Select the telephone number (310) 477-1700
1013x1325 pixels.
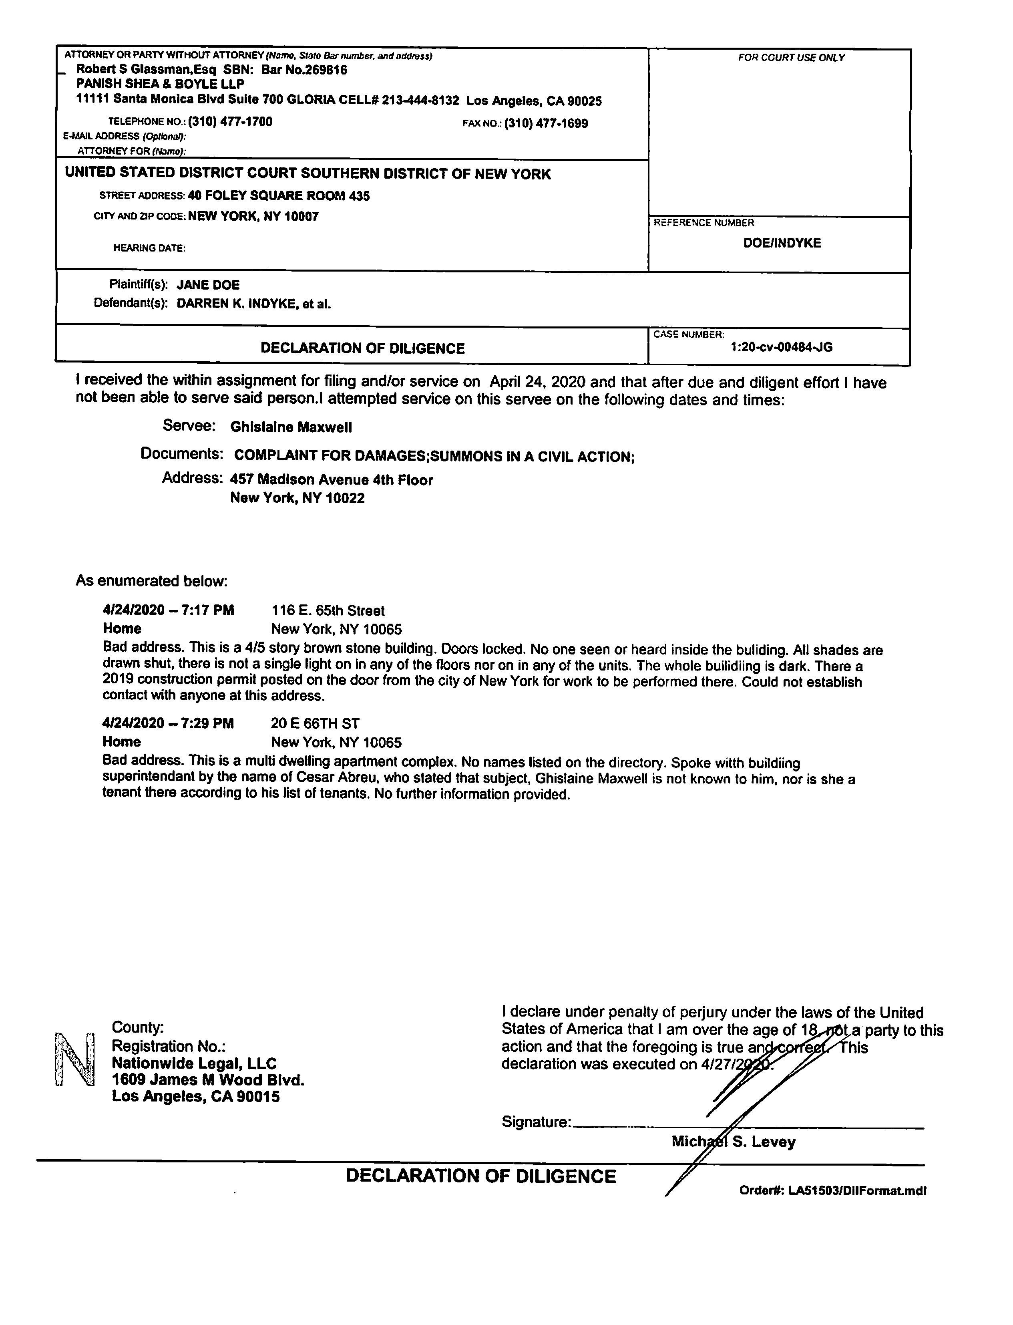tap(230, 122)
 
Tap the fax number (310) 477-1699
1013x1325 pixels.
tap(546, 124)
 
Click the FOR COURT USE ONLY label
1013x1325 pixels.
tap(791, 58)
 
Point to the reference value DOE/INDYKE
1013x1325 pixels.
tap(782, 244)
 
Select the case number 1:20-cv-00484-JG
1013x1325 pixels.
tap(782, 347)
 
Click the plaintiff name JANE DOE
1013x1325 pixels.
tap(208, 285)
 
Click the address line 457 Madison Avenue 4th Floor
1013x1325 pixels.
tap(332, 480)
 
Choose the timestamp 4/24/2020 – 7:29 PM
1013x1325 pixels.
tap(168, 723)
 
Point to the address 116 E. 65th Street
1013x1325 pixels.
tap(328, 611)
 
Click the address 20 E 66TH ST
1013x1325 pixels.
tap(316, 724)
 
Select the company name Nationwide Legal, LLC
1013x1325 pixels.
tap(194, 1063)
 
